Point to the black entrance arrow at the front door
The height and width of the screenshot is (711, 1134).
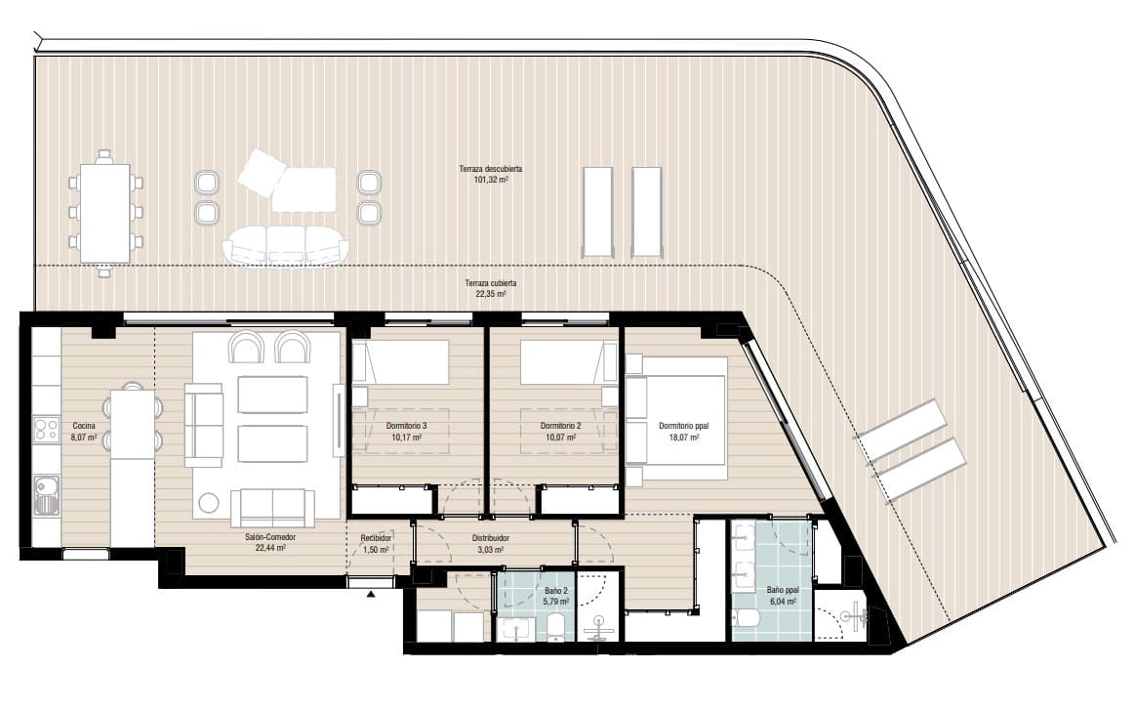tap(371, 593)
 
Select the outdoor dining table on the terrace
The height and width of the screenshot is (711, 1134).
tap(105, 212)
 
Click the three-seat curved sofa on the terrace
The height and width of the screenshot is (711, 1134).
tap(284, 245)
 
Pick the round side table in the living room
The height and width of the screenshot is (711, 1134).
tap(209, 504)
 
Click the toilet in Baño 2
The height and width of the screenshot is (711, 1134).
tap(556, 625)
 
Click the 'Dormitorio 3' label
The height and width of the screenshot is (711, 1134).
tap(408, 426)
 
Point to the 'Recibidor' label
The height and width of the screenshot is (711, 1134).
tap(376, 538)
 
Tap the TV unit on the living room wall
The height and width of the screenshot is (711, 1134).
tap(339, 420)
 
